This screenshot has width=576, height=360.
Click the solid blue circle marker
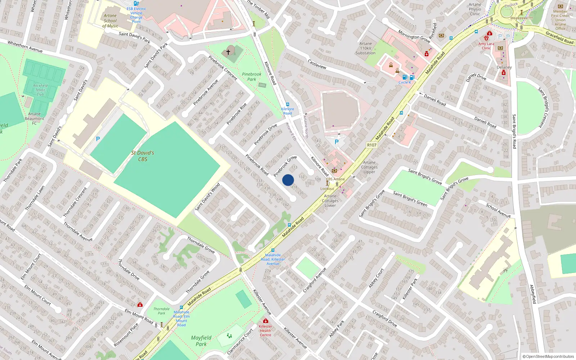click(x=288, y=180)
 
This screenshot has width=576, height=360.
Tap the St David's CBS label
click(x=143, y=156)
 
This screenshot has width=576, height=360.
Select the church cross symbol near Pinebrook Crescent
click(x=228, y=52)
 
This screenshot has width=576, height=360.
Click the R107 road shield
click(x=372, y=145)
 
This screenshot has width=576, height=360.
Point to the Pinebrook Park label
click(x=252, y=77)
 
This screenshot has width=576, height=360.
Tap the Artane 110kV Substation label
click(x=365, y=48)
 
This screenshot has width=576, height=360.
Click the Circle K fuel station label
click(x=405, y=82)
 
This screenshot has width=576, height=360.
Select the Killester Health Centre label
click(x=265, y=330)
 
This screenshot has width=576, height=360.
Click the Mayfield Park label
click(x=201, y=341)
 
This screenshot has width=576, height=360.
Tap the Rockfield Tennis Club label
click(x=40, y=90)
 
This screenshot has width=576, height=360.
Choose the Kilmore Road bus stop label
click(x=287, y=111)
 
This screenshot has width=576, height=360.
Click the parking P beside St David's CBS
click(x=98, y=139)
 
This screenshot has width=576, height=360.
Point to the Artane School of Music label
click(x=110, y=21)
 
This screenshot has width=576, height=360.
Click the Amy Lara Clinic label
click(x=486, y=46)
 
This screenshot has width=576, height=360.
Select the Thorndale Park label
click(x=161, y=311)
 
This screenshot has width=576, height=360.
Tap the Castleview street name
click(x=317, y=64)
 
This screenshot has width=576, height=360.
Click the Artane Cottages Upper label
click(x=369, y=167)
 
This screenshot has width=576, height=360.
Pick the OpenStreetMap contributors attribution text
click(x=548, y=356)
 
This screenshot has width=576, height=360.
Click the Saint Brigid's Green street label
click(x=410, y=199)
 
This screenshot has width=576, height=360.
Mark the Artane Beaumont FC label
click(x=34, y=118)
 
